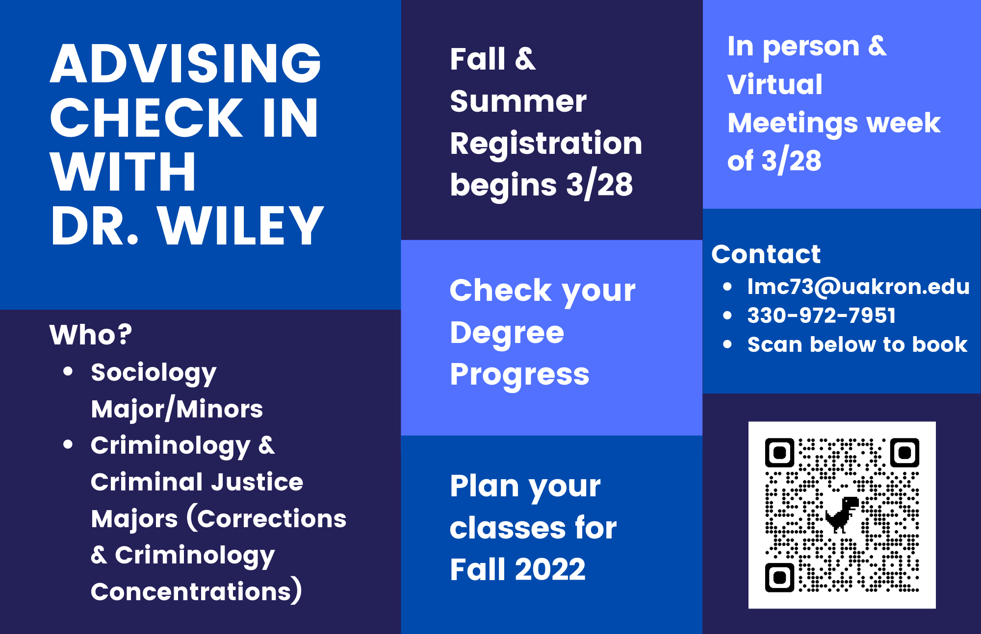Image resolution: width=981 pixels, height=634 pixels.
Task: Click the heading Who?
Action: coord(91,335)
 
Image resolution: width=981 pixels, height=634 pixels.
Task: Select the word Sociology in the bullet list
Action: coord(154,373)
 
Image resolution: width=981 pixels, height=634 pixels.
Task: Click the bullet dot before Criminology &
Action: coord(68,444)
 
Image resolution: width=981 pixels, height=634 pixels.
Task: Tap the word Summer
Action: coord(518,101)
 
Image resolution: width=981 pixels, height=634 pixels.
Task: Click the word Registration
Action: coord(546,144)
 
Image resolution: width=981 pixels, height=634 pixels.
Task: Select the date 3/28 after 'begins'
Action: coord(599,185)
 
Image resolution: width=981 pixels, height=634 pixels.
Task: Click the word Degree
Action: coord(507,333)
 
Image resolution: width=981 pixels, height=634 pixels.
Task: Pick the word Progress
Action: coord(519,375)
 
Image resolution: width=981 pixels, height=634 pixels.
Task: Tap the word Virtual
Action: coord(775,84)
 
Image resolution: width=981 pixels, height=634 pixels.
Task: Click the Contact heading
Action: coord(766,254)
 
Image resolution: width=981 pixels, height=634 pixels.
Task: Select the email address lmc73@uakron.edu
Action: coord(858,287)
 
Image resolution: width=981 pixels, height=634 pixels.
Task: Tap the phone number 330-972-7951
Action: coord(822,316)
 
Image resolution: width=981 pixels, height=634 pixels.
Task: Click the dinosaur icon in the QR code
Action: coord(842,514)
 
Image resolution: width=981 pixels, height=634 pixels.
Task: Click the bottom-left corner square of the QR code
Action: coord(779,578)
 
